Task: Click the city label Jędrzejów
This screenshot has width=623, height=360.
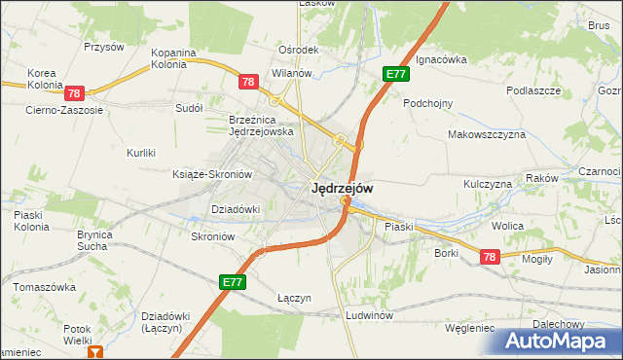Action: (x=341, y=189)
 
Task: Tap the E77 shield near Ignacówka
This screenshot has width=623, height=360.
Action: (x=394, y=73)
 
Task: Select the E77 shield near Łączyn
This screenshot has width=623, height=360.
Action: (x=233, y=282)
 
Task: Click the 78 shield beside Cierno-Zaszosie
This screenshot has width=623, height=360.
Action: (x=75, y=93)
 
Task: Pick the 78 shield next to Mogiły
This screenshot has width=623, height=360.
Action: (x=489, y=256)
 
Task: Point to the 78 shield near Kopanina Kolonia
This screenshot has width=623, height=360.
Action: (x=247, y=84)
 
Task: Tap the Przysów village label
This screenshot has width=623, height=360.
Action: (x=104, y=46)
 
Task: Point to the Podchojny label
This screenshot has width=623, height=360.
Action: (x=428, y=102)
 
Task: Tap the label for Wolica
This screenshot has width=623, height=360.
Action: (x=507, y=226)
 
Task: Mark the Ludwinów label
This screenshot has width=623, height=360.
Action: (x=369, y=316)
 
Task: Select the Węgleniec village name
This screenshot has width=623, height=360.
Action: (x=469, y=328)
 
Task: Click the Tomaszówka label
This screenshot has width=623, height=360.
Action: (x=44, y=288)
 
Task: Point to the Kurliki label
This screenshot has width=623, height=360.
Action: (x=141, y=153)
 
